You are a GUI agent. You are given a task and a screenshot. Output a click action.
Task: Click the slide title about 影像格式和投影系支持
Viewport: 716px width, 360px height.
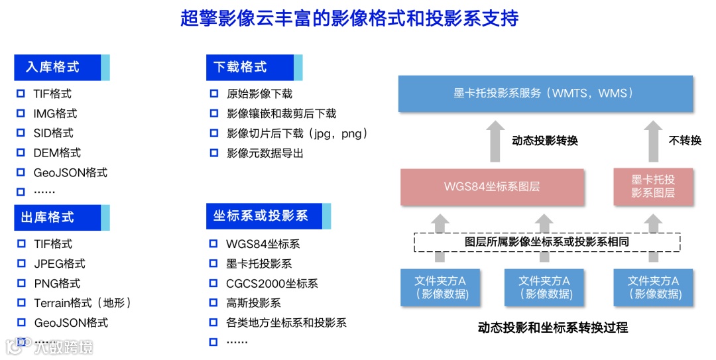(349, 18)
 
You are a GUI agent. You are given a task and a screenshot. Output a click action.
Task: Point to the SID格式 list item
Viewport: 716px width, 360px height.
(53, 133)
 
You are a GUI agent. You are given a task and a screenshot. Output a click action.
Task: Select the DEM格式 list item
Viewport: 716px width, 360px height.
(57, 153)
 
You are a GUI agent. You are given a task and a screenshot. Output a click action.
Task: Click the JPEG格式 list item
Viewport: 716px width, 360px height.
(60, 264)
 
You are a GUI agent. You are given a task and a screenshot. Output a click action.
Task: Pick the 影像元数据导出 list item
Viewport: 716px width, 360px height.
(265, 153)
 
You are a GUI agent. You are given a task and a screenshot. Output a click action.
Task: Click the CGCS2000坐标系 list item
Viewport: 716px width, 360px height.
(272, 284)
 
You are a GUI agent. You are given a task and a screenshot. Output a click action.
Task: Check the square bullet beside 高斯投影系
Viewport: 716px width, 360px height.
(213, 303)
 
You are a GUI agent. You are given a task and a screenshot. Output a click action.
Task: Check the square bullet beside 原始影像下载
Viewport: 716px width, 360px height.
(213, 94)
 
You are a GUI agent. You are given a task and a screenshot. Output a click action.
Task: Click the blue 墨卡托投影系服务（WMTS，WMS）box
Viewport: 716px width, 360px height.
(545, 93)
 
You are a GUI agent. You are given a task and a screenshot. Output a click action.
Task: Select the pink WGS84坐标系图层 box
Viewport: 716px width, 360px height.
(492, 187)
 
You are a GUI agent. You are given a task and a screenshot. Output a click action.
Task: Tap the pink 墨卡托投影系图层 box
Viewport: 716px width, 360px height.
(652, 186)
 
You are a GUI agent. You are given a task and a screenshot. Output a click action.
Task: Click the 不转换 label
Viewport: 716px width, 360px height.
(685, 141)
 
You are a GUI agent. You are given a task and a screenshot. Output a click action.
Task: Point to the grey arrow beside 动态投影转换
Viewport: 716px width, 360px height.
(496, 141)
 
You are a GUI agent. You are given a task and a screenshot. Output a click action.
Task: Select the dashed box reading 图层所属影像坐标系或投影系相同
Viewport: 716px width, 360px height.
(547, 242)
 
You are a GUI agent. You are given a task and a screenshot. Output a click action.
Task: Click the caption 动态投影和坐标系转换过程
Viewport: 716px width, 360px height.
(552, 328)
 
